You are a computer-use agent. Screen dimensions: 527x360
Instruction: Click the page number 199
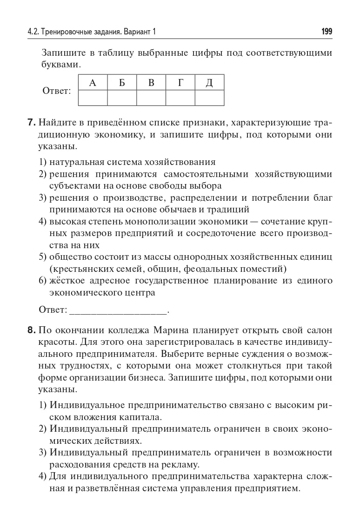pyautogui.click(x=327, y=32)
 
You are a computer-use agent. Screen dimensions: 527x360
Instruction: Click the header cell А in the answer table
pyautogui.click(x=93, y=83)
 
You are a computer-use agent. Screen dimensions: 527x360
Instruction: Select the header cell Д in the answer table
pyautogui.click(x=209, y=83)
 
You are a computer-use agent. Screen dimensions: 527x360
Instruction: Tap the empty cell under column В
pyautogui.click(x=151, y=98)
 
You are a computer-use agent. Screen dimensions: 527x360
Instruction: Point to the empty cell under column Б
pyautogui.click(x=122, y=98)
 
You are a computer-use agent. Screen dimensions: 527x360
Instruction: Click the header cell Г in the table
pyautogui.click(x=180, y=83)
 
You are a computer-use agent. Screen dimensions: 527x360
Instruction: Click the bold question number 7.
pyautogui.click(x=31, y=123)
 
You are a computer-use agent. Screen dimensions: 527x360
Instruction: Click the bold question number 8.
pyautogui.click(x=31, y=330)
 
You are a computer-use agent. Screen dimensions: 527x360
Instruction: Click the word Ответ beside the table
pyautogui.click(x=56, y=91)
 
